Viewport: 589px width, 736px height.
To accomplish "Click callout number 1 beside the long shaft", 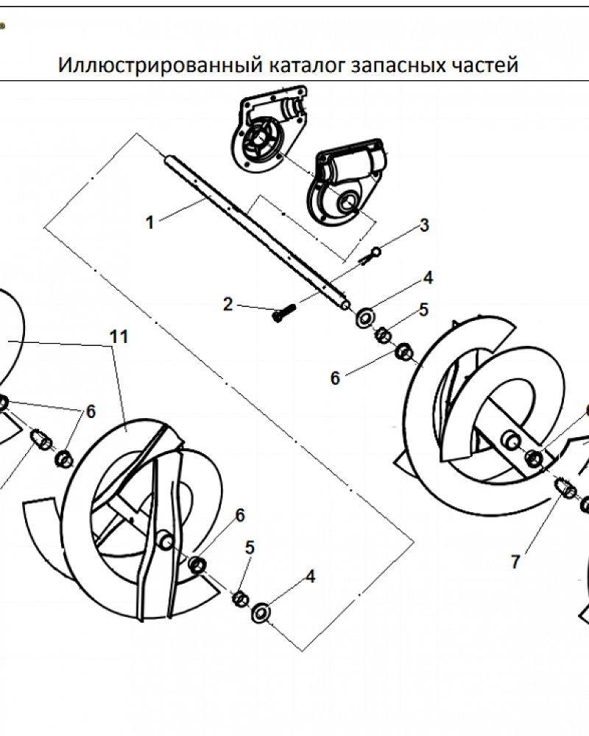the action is tap(150, 222).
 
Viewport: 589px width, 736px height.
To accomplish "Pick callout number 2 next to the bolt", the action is tap(228, 304).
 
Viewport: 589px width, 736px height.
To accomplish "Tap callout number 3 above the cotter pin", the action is tap(425, 225).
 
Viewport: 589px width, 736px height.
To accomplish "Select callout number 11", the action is tap(119, 336).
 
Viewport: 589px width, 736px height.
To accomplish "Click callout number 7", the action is tap(515, 562).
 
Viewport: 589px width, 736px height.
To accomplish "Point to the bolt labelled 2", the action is tap(283, 312).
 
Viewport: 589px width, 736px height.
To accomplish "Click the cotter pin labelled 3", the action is tap(370, 256).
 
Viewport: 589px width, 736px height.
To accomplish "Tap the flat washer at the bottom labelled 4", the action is tap(261, 612).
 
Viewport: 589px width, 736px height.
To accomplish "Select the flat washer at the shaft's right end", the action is tap(365, 318).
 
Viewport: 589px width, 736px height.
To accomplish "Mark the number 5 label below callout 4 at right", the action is tap(423, 310).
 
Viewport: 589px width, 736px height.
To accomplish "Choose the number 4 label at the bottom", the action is tap(311, 576).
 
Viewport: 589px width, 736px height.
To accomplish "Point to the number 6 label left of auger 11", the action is tap(91, 411).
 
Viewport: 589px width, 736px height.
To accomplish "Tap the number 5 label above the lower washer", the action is tap(250, 548).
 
